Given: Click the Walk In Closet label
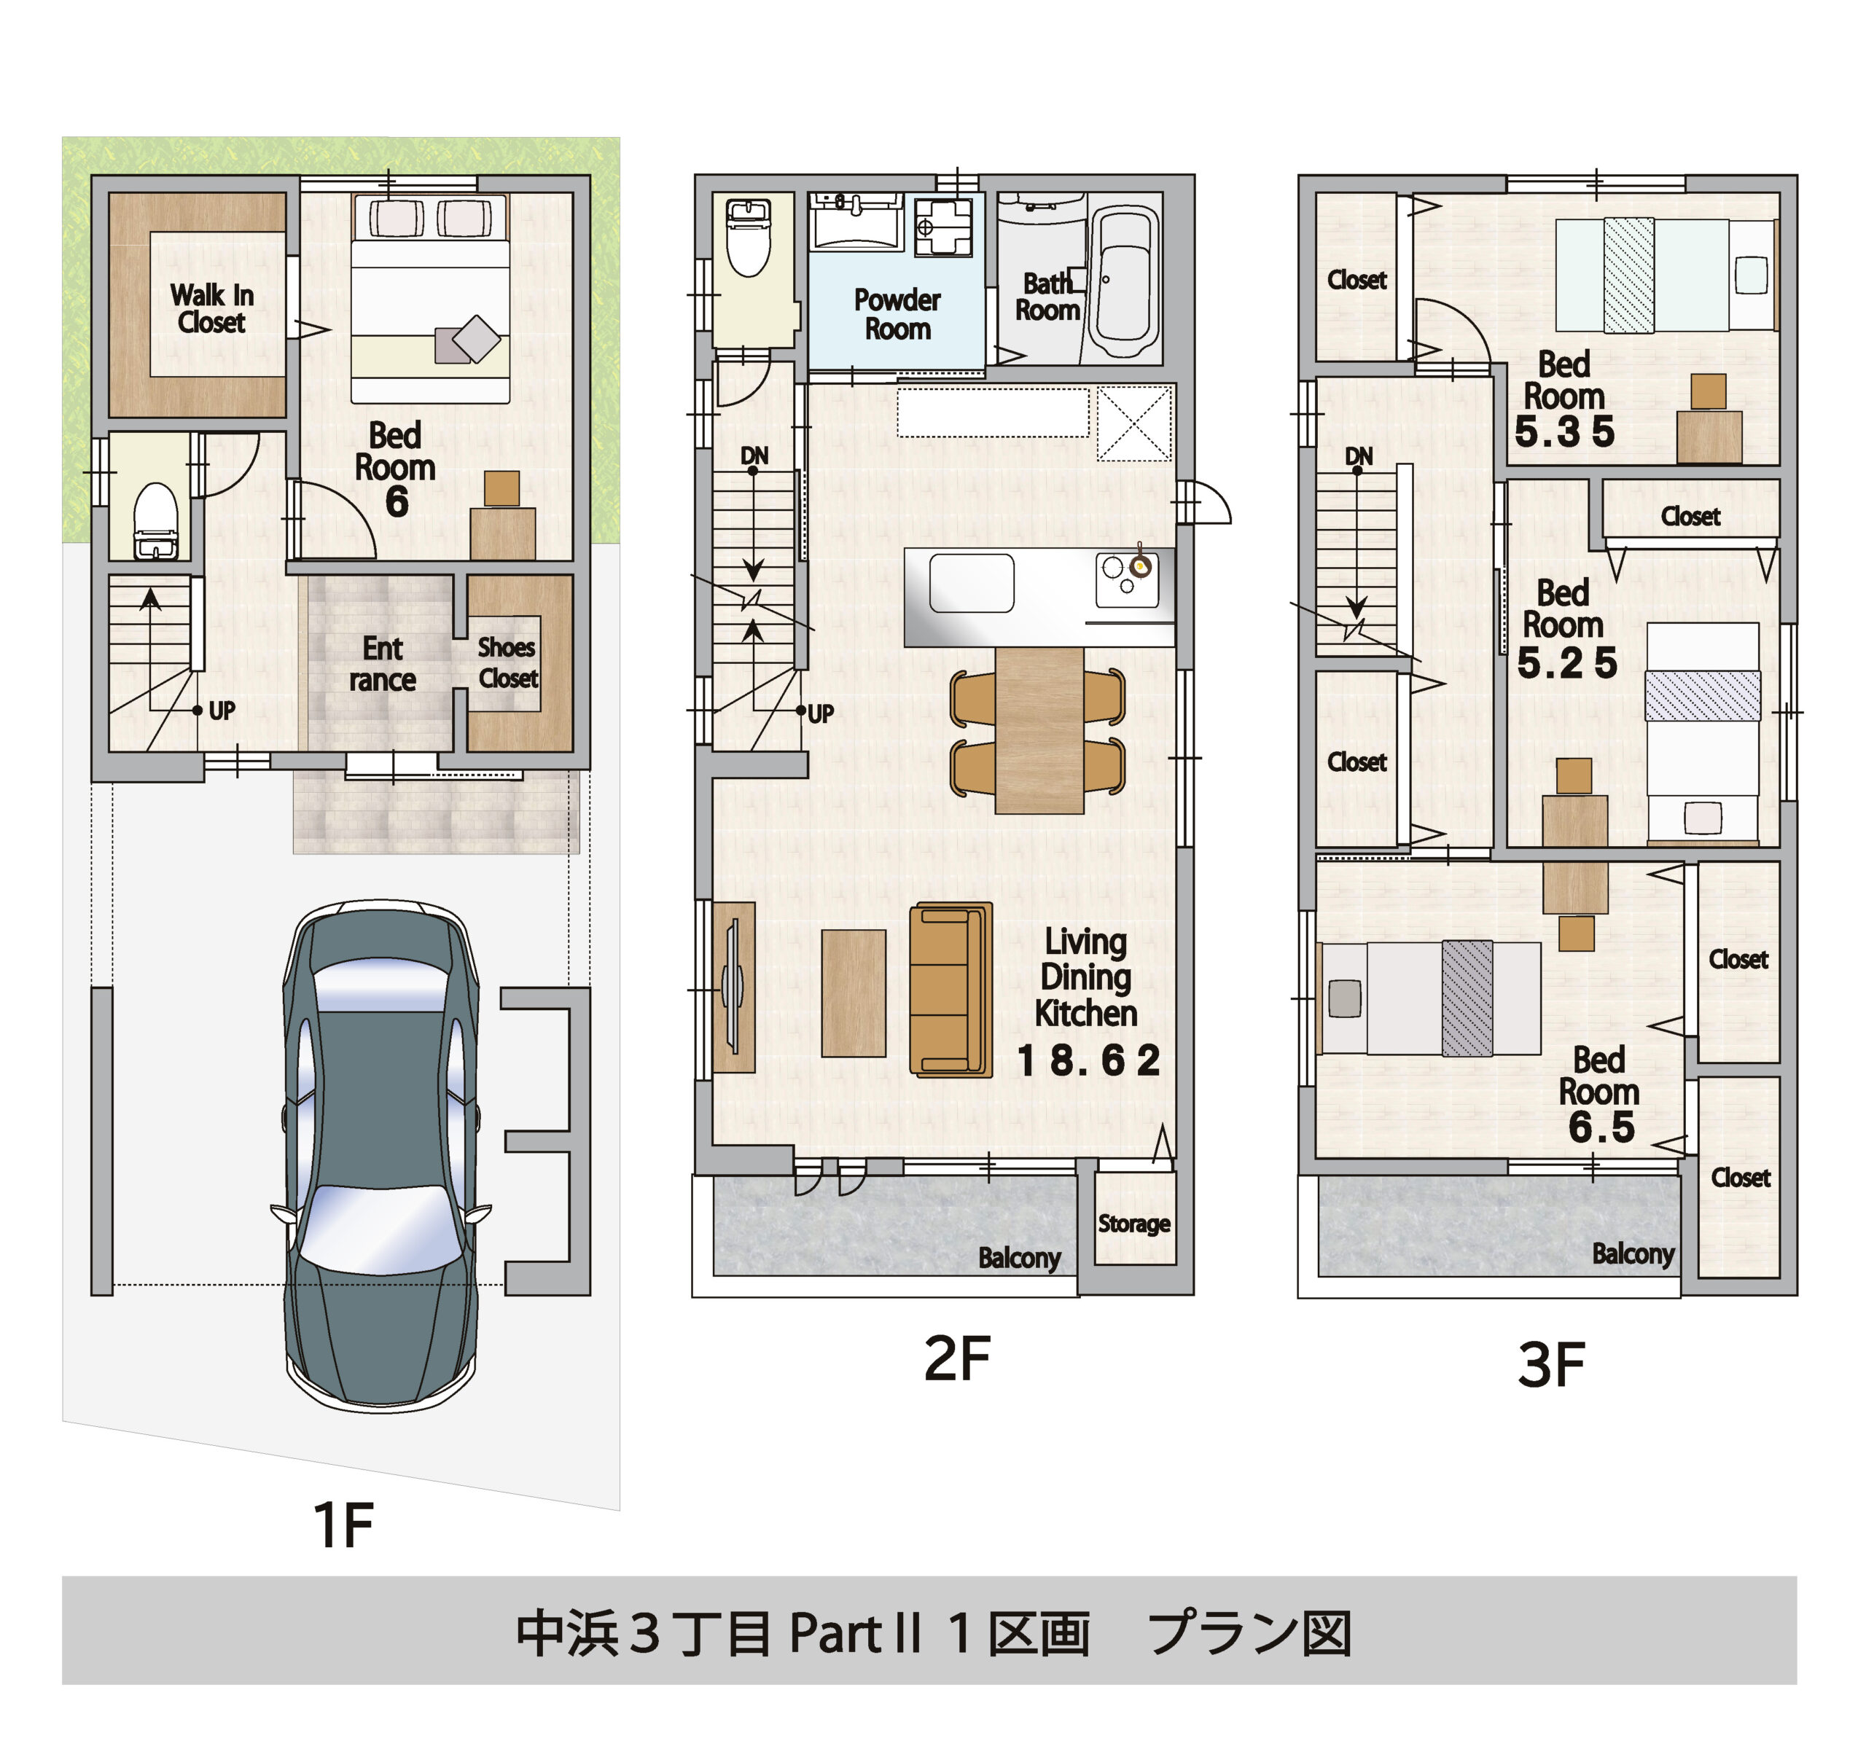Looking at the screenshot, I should coord(211,308).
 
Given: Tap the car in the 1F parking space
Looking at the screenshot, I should coord(381,1154).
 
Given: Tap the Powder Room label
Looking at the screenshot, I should coord(897,313).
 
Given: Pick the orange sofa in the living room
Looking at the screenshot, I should coord(950,988).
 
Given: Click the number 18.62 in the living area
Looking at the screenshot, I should coord(1089,1060).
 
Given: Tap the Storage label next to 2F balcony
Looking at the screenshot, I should coord(1134,1223).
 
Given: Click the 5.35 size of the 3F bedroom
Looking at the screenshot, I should coord(1564,431).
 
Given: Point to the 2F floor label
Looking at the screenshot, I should coord(956,1358).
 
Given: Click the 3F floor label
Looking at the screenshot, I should coord(1550,1366).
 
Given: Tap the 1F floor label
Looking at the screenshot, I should coord(343,1525).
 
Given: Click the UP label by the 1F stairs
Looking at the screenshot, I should coord(222,711).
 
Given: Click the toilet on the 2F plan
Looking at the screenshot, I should coord(749,239).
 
